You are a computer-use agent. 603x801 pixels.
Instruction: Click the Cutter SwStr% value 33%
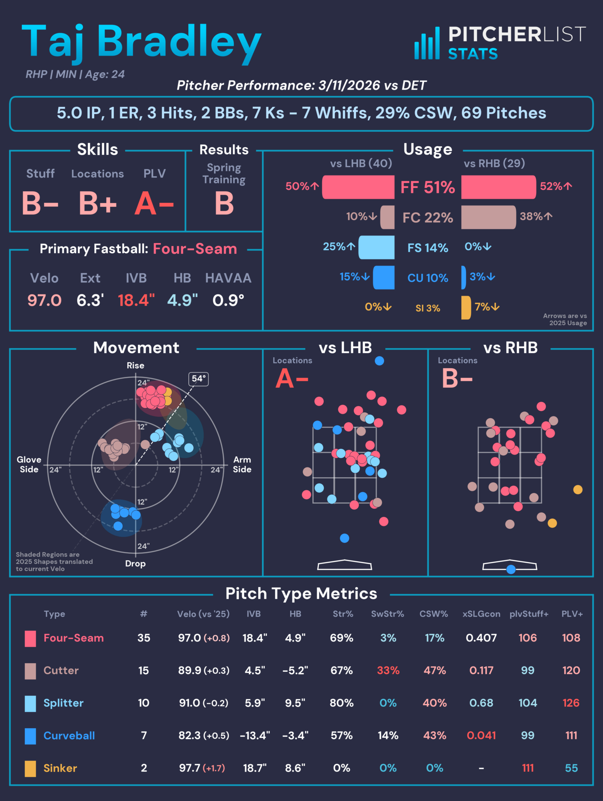388,670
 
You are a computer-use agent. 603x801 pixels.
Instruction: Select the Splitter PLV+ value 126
571,703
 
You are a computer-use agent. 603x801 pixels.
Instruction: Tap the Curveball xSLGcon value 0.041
481,735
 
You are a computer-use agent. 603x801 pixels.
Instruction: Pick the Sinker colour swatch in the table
30,768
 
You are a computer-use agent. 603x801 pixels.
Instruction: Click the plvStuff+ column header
529,614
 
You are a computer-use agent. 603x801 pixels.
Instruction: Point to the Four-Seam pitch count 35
144,638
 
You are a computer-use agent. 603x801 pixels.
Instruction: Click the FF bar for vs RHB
498,187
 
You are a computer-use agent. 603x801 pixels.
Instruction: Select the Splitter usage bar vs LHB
376,248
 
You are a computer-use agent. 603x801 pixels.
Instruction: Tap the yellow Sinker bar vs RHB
466,308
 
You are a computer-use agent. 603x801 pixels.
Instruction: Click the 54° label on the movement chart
198,379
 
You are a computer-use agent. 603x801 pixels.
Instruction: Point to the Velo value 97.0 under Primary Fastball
44,300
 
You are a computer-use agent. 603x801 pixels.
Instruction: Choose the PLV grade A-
154,204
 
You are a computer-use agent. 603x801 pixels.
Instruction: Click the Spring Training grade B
224,204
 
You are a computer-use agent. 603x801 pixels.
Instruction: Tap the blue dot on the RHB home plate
511,569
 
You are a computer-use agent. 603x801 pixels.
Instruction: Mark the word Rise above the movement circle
135,365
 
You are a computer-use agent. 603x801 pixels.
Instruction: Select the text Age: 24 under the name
105,74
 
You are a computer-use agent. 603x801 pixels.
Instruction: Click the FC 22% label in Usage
427,218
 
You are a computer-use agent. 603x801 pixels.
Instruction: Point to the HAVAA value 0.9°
228,300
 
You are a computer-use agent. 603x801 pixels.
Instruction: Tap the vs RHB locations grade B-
457,379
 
